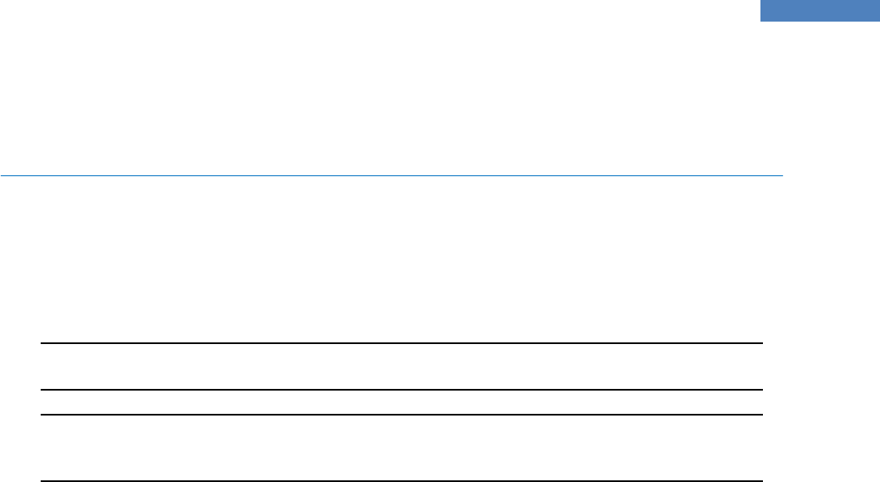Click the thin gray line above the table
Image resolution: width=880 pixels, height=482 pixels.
click(390, 175)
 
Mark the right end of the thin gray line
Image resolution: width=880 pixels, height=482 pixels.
click(783, 175)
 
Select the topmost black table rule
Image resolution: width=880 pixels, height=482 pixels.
click(402, 343)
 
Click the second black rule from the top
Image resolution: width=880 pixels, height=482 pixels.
click(402, 390)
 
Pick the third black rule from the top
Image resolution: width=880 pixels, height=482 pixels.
click(402, 415)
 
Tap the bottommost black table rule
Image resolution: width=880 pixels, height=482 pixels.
click(402, 480)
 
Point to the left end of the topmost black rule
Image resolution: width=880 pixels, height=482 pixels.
click(42, 343)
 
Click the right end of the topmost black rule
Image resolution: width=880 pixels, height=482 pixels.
click(761, 343)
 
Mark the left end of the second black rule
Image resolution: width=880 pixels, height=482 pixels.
click(42, 390)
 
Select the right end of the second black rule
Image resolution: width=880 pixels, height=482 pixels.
click(761, 390)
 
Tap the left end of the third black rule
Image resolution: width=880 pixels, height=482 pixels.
click(42, 415)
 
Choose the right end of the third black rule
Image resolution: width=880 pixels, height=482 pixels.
click(761, 415)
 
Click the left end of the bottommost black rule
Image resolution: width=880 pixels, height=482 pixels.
click(42, 480)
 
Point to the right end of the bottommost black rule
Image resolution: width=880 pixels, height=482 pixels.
click(761, 480)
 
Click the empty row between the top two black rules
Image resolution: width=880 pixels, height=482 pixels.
click(402, 366)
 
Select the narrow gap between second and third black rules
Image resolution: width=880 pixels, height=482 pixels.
click(402, 402)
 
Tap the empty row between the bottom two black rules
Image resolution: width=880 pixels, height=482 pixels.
click(402, 447)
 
